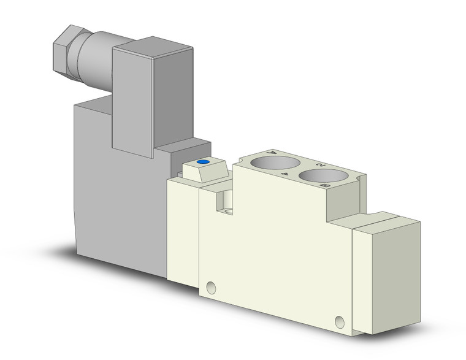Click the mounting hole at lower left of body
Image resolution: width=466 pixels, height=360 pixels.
212,286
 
